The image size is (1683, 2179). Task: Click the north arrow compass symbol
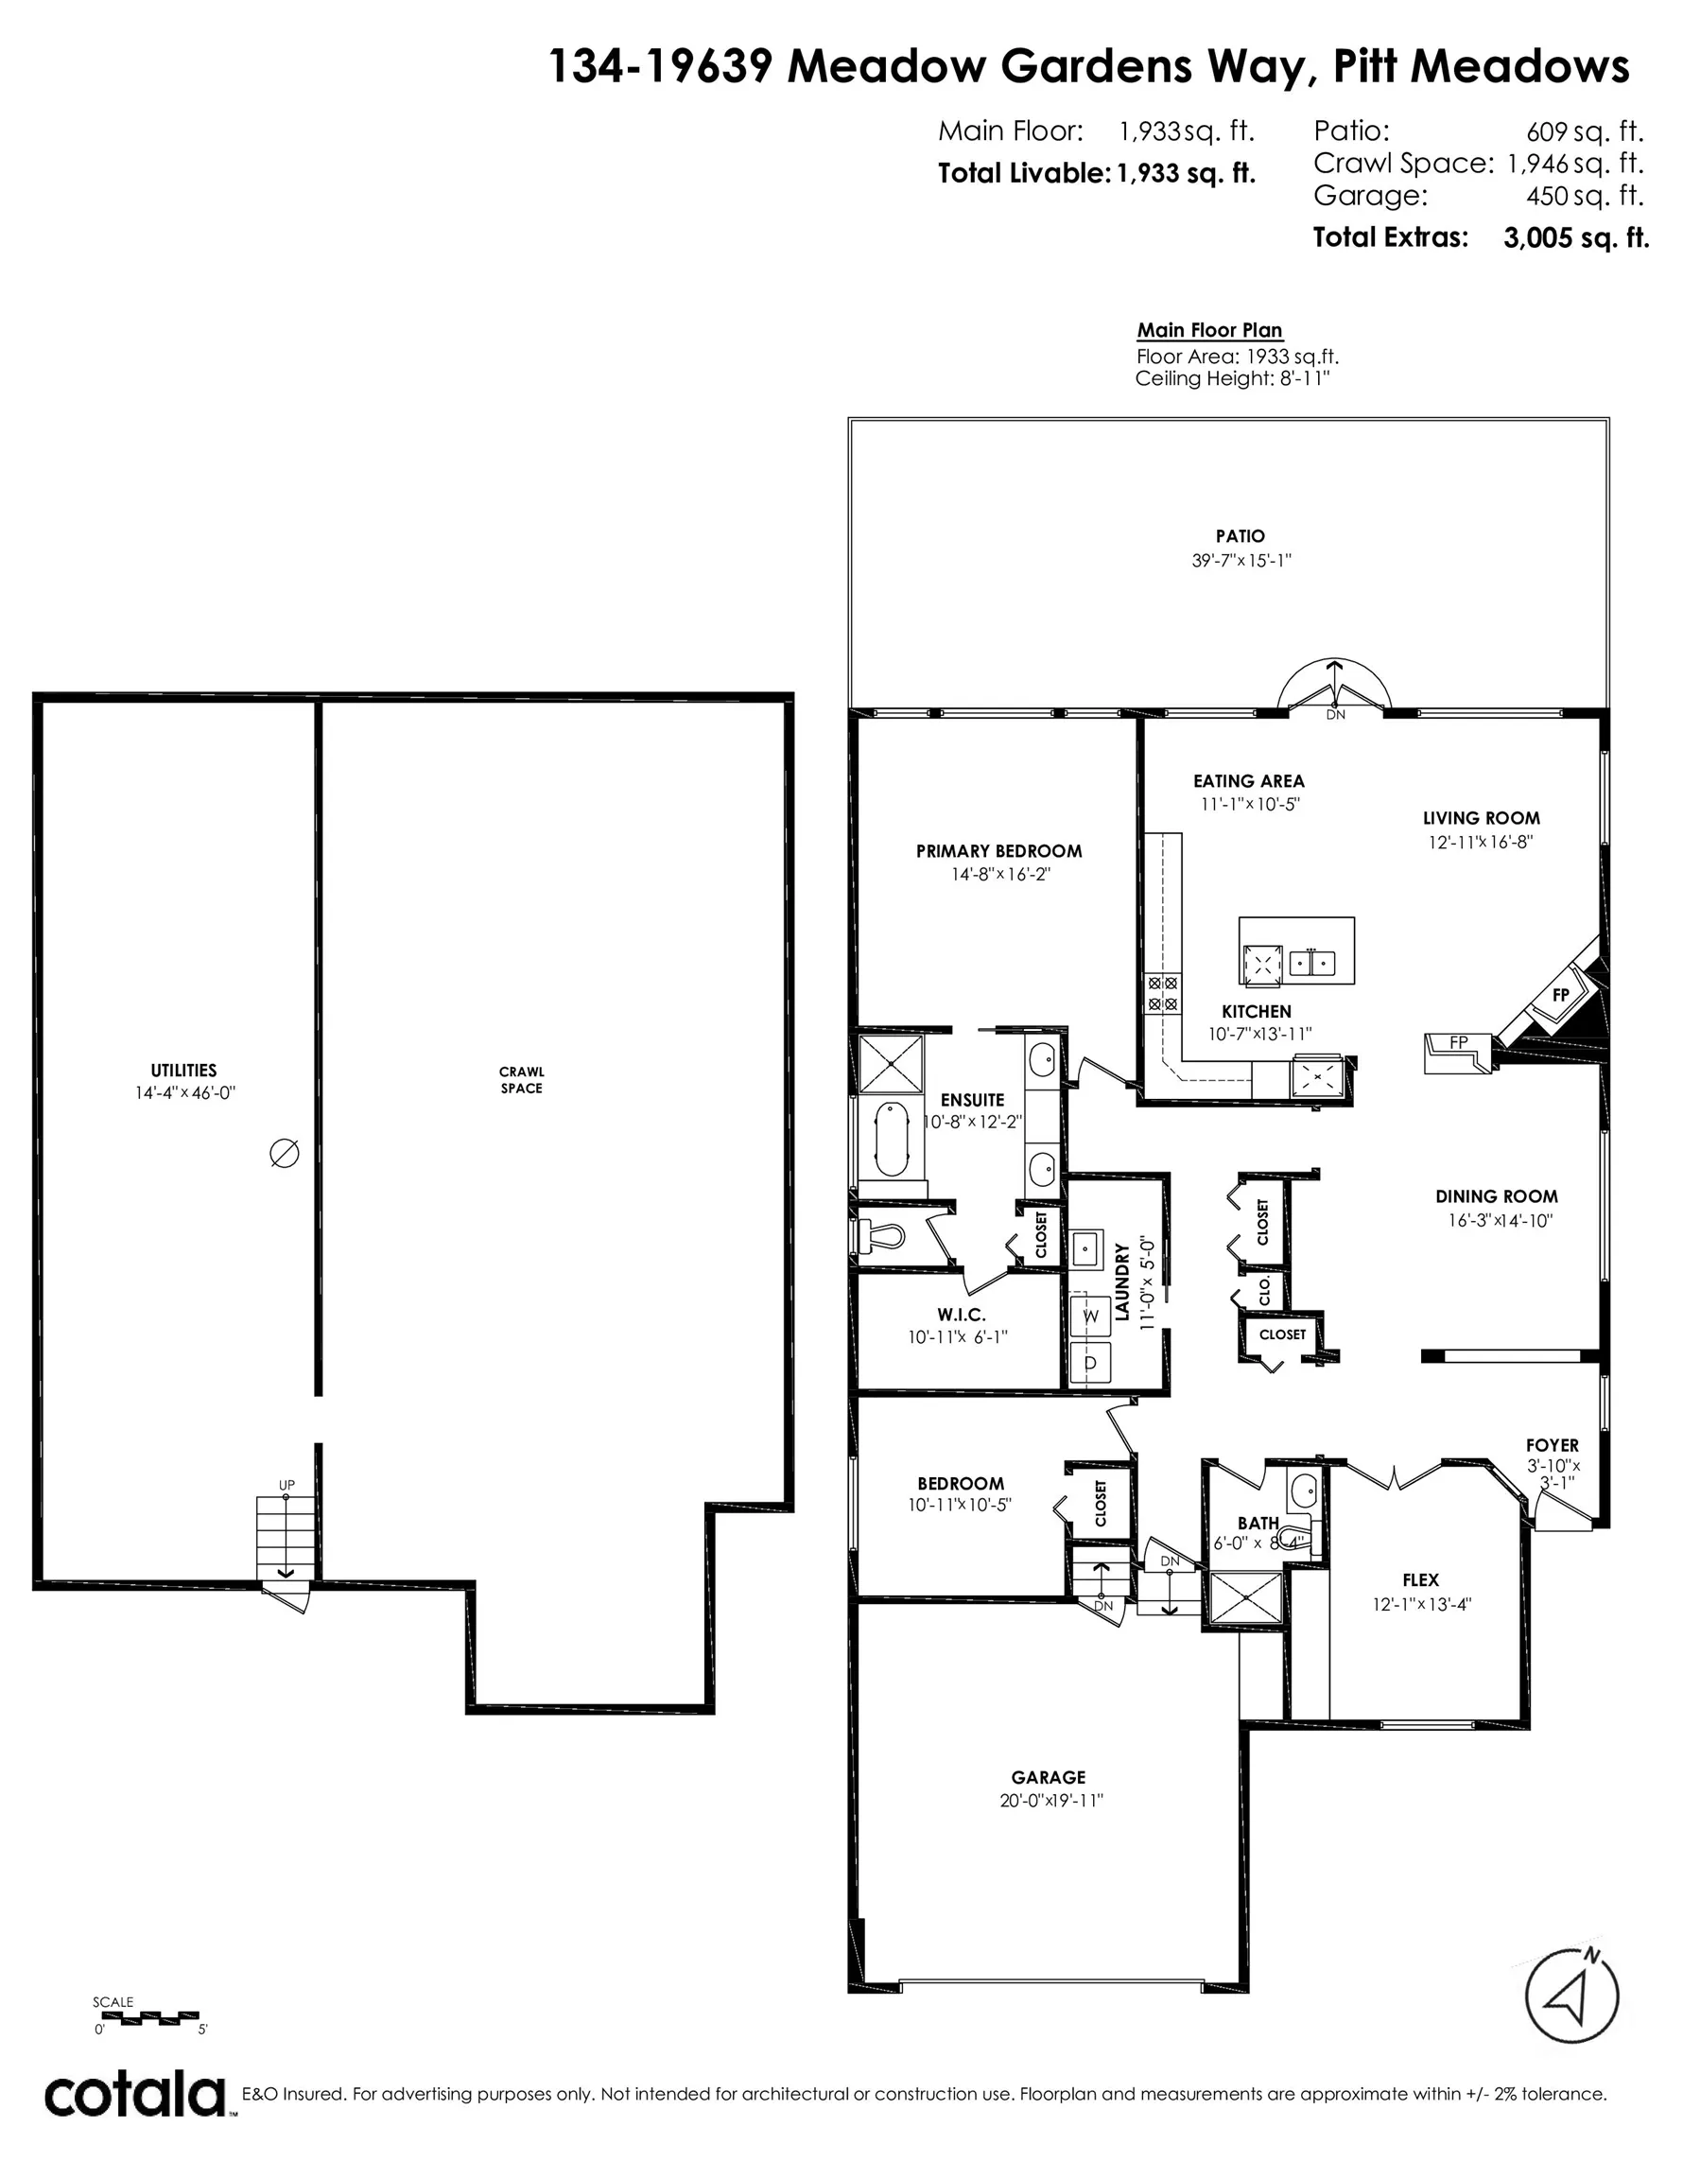(1572, 1998)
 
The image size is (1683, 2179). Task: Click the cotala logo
(134, 2095)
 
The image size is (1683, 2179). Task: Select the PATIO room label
(1241, 537)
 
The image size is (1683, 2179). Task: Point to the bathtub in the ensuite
(891, 1139)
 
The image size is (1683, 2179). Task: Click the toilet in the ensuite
(882, 1236)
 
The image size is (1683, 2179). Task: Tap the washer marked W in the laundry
(1090, 1316)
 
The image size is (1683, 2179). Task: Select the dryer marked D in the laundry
(1090, 1362)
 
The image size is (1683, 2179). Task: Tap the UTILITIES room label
(183, 1071)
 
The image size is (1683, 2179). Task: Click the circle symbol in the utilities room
(285, 1154)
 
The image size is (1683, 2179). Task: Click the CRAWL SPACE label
(521, 1079)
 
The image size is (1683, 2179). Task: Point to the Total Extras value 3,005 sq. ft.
(1575, 237)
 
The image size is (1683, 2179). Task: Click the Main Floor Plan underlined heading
(1209, 330)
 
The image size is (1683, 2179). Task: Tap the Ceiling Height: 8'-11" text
(1232, 378)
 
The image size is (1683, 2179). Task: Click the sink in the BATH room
(1302, 1492)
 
